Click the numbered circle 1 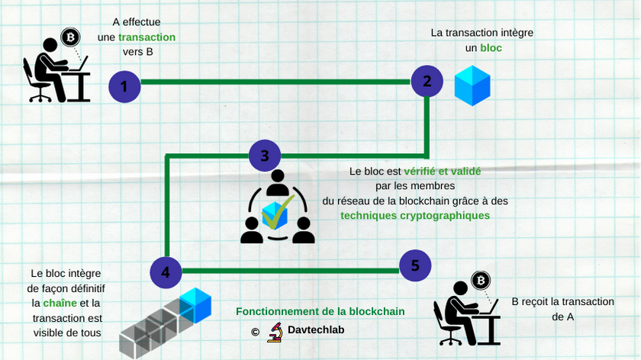[124, 87]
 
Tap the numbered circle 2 [427, 80]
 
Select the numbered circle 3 [264, 156]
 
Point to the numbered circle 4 [166, 272]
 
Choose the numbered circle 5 [415, 265]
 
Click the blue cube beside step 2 [472, 85]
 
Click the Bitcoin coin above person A [71, 37]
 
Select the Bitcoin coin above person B [482, 281]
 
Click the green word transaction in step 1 [147, 37]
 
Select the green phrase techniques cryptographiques [415, 215]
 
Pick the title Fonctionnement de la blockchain [320, 311]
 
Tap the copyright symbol [255, 332]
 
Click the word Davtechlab [316, 331]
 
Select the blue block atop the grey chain [195, 305]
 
